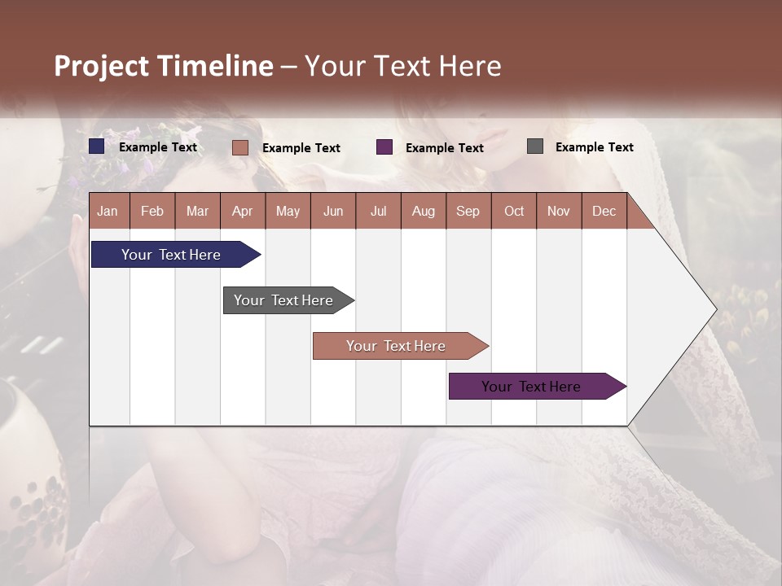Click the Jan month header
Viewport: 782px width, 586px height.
(108, 211)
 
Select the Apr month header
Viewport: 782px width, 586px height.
(242, 211)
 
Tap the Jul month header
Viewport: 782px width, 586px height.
(378, 211)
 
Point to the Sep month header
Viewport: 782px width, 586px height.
(468, 211)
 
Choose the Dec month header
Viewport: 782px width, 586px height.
(604, 211)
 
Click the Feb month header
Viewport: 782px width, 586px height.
(152, 211)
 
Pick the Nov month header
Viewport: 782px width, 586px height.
(558, 211)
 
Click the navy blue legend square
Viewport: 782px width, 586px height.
(97, 146)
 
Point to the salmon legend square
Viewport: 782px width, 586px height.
(239, 147)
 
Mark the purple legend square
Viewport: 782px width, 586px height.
(384, 147)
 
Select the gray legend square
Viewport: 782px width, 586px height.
(535, 146)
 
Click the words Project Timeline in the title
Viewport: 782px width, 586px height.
(164, 66)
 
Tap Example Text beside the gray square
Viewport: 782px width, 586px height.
(594, 147)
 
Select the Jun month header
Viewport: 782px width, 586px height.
(332, 211)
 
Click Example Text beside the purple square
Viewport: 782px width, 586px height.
(444, 148)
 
